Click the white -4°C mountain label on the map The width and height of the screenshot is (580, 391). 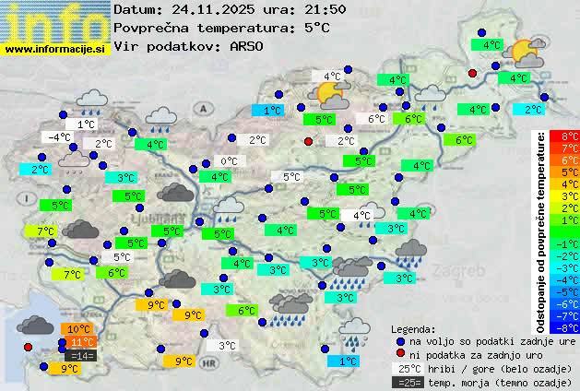point(60,137)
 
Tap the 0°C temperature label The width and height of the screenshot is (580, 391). point(228,161)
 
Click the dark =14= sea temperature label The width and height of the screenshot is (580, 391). point(81,355)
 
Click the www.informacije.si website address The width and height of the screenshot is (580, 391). point(55,48)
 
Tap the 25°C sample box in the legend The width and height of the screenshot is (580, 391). point(407,368)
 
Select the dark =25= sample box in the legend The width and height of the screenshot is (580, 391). point(407,382)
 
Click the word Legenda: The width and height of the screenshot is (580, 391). point(413,328)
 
